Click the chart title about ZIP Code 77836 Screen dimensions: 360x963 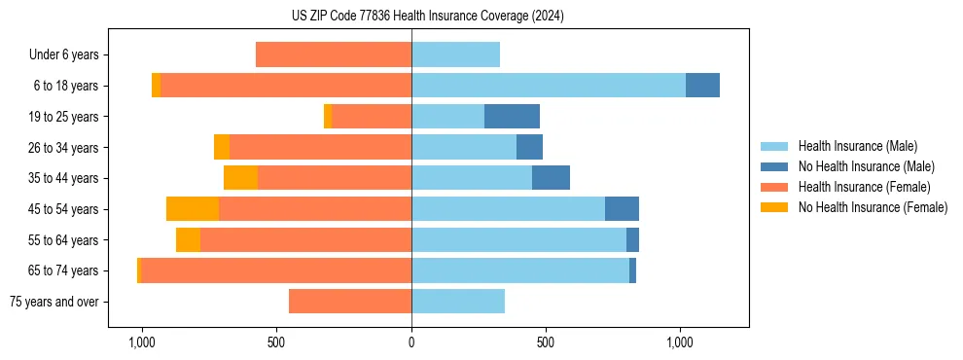tap(428, 16)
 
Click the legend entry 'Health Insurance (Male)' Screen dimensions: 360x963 tap(857, 146)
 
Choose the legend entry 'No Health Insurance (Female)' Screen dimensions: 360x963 tap(873, 207)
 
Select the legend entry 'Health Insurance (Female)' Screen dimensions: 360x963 tap(864, 187)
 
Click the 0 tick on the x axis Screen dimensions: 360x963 tap(411, 342)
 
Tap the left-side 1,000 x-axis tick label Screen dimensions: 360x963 tap(142, 342)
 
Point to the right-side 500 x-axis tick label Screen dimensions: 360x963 tap(546, 342)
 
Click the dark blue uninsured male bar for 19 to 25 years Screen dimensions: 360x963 tap(512, 117)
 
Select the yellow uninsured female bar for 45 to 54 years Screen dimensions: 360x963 tap(193, 209)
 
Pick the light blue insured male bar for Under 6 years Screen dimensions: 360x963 tap(455, 55)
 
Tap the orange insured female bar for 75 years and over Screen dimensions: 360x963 tap(350, 302)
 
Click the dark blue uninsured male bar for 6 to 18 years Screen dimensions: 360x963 tap(702, 86)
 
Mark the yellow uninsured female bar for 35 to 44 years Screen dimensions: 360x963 tap(240, 178)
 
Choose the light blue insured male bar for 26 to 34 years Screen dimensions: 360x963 tap(464, 148)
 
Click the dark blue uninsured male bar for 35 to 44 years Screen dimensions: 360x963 tap(551, 178)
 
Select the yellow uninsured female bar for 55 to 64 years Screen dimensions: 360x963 tap(188, 240)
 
